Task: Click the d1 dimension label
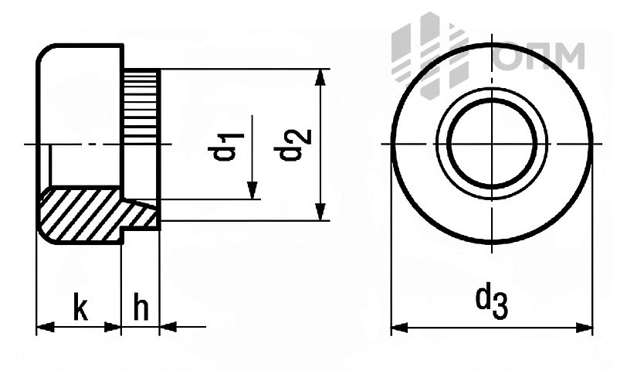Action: click(226, 147)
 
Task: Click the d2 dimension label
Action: click(293, 144)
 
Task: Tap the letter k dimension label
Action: click(81, 307)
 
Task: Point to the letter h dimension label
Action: click(141, 307)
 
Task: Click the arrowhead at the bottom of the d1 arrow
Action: click(252, 190)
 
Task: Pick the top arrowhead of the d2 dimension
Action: click(320, 77)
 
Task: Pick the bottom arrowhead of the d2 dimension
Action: click(320, 212)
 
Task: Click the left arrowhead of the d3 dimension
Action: click(399, 328)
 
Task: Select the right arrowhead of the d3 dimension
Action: click(585, 328)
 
